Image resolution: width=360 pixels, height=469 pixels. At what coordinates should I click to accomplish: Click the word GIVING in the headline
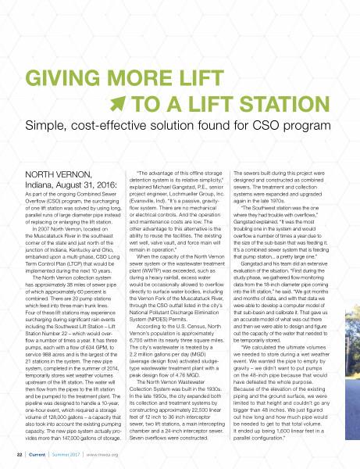[62, 81]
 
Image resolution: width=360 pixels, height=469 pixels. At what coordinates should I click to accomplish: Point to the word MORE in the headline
[143, 81]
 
